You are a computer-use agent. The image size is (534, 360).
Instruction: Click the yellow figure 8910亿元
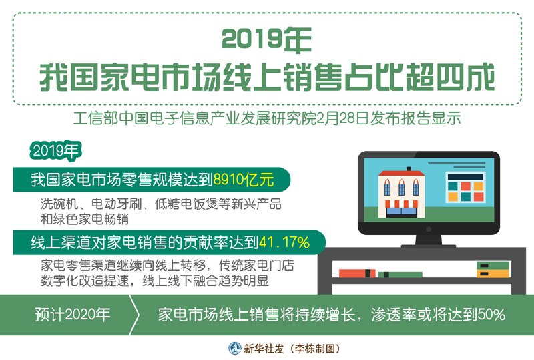[x=243, y=180]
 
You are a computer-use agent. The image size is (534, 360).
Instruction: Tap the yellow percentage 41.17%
[x=284, y=242]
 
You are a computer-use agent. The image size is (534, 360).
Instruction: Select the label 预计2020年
[x=73, y=315]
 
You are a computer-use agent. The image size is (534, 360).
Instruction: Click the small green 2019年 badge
[x=56, y=151]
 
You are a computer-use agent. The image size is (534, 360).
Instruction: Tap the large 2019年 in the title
[x=266, y=39]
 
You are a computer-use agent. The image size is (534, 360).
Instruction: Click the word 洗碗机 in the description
[x=59, y=204]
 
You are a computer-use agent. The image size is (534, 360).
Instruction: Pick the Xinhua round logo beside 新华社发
[x=235, y=348]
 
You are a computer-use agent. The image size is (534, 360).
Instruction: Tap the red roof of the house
[x=401, y=174]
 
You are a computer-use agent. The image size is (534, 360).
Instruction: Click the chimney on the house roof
[x=409, y=169]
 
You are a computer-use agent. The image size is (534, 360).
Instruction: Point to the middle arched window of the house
[x=402, y=188]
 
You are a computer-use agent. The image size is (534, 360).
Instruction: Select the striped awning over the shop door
[x=401, y=204]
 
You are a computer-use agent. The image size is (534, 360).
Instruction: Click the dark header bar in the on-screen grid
[x=465, y=177]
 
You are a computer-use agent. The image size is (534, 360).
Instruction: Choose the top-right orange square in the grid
[x=478, y=186]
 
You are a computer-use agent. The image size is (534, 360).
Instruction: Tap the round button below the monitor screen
[x=429, y=229]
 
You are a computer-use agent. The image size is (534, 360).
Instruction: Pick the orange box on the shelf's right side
[x=493, y=273]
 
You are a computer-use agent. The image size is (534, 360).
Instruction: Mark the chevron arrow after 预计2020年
[x=135, y=315]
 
